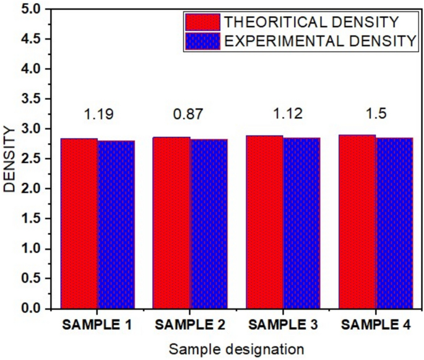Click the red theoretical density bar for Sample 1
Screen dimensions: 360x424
pyautogui.click(x=79, y=223)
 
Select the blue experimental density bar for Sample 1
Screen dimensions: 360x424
pyautogui.click(x=116, y=224)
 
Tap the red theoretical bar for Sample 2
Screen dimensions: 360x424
pyautogui.click(x=172, y=222)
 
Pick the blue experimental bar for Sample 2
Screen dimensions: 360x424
pyautogui.click(x=209, y=224)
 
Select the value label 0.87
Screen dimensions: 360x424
pyautogui.click(x=190, y=114)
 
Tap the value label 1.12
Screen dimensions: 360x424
pyautogui.click(x=283, y=114)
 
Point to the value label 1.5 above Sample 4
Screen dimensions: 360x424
pyautogui.click(x=376, y=114)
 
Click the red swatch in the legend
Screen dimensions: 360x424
pyautogui.click(x=202, y=22)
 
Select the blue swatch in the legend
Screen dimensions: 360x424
pyautogui.click(x=202, y=42)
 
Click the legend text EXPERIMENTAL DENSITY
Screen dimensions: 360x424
pyautogui.click(x=319, y=42)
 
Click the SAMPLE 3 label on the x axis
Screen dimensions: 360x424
pyautogui.click(x=283, y=325)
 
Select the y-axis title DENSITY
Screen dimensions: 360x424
pyautogui.click(x=10, y=159)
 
